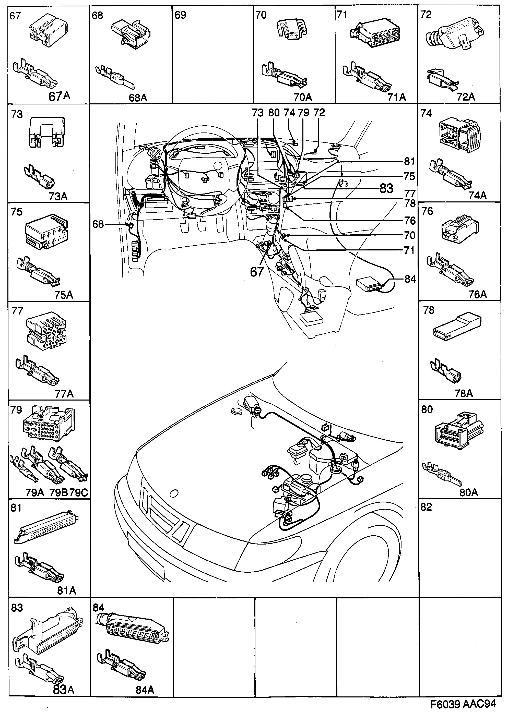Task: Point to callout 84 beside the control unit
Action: (410, 279)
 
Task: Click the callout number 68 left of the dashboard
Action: (98, 224)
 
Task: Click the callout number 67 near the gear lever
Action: (257, 272)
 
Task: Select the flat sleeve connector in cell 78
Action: (457, 327)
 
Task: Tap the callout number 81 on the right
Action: (409, 162)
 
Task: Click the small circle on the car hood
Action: (173, 493)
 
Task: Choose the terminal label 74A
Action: (477, 196)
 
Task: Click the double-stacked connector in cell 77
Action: (46, 332)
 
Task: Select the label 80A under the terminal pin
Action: (469, 492)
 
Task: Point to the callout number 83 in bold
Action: (386, 189)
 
